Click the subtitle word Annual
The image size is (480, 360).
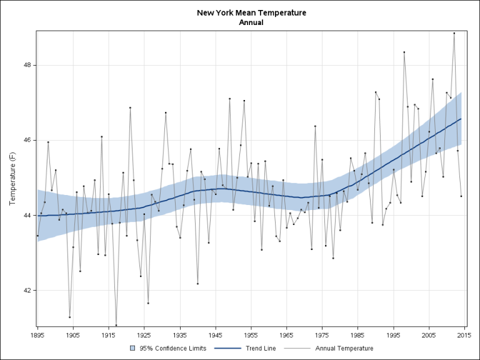(251, 22)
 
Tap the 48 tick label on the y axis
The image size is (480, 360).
(28, 65)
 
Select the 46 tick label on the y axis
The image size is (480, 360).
(28, 140)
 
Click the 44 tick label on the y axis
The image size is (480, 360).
(28, 216)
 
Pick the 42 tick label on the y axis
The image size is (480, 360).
(28, 291)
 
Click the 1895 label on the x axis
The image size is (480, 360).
(37, 336)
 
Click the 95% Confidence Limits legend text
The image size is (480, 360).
(164, 349)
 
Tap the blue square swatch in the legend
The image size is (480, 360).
(132, 349)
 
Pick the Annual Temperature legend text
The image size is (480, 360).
(344, 349)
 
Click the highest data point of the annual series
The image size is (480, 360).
(454, 33)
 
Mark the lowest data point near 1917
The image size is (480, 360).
(116, 325)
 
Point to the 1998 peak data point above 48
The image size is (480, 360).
(404, 52)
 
